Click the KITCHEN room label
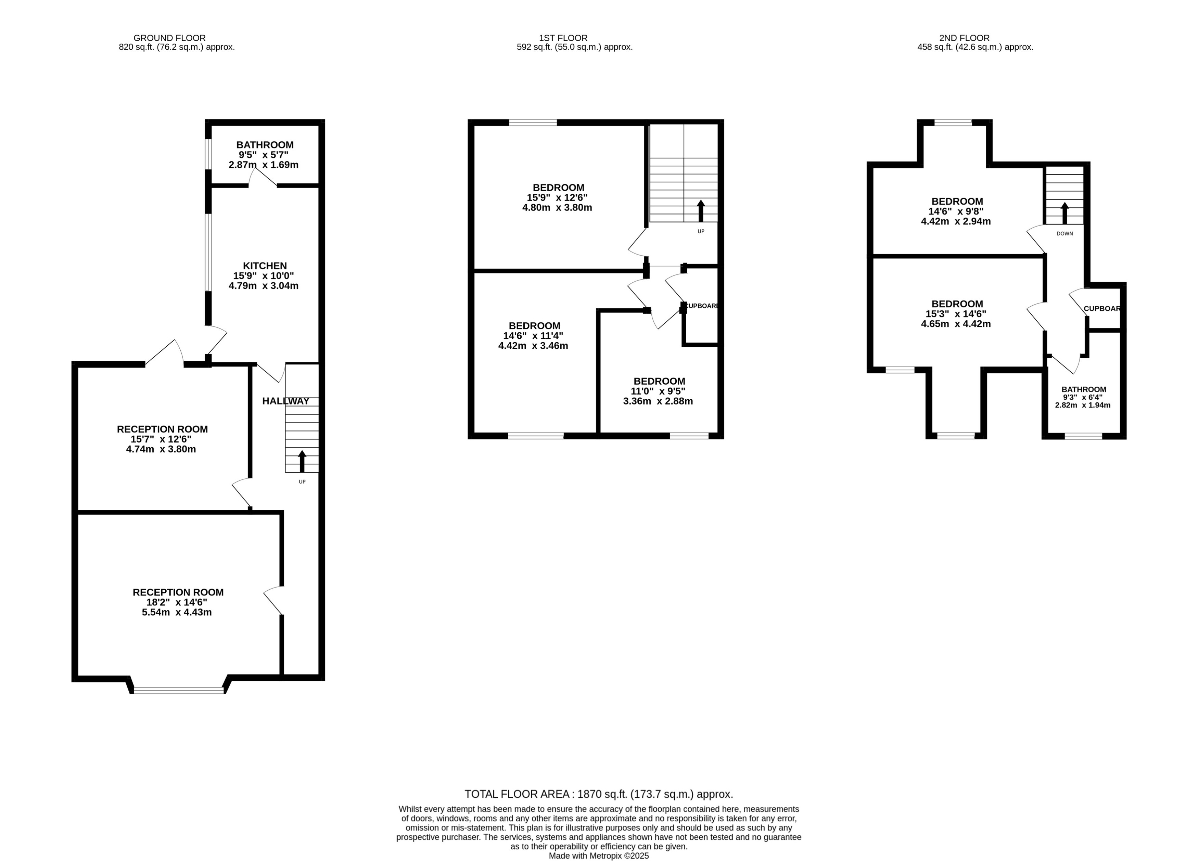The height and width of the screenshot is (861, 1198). coord(265,266)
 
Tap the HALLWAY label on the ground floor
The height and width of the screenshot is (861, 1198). coord(286,401)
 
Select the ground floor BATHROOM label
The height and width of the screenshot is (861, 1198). coord(265,145)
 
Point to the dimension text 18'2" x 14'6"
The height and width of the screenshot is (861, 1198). coord(177,602)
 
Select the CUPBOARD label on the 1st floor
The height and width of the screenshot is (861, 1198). coord(701,306)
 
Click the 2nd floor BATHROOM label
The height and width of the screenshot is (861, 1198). coord(1084,389)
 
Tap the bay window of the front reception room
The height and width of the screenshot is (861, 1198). coord(179,690)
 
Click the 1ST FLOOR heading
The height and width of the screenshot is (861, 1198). coord(563,38)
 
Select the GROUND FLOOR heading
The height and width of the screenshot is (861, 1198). coord(169,38)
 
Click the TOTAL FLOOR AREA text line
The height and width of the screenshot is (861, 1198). coord(598,794)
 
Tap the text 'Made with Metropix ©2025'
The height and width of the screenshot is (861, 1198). coord(598,856)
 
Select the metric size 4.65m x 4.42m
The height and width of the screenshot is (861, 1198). coord(956,324)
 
